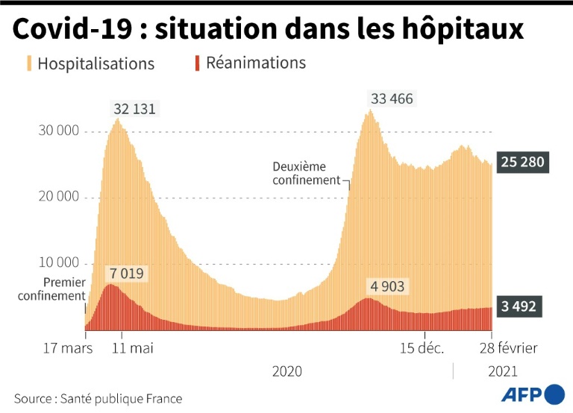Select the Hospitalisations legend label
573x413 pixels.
[x=95, y=63]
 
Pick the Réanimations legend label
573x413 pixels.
[x=256, y=63]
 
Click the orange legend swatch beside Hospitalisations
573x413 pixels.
[x=29, y=63]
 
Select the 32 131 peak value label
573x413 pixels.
[x=135, y=109]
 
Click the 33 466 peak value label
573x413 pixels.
[x=391, y=98]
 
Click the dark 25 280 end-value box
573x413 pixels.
[x=523, y=162]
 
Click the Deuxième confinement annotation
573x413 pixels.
[x=306, y=173]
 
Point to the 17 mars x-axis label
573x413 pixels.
[x=67, y=348]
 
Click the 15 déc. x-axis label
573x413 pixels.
[x=422, y=348]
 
